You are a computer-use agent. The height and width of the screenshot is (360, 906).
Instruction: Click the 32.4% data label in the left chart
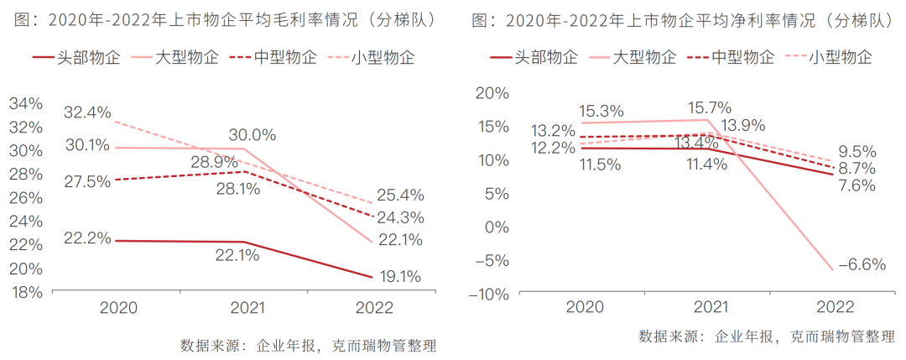click(87, 112)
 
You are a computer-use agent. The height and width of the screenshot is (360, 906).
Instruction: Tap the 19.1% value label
click(398, 276)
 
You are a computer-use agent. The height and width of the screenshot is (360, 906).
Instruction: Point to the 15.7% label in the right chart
click(709, 108)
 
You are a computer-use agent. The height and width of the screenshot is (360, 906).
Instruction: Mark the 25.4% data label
click(400, 196)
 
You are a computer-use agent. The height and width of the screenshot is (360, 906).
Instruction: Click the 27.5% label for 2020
click(87, 181)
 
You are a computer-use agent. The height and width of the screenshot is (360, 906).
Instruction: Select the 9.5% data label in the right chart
click(857, 152)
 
